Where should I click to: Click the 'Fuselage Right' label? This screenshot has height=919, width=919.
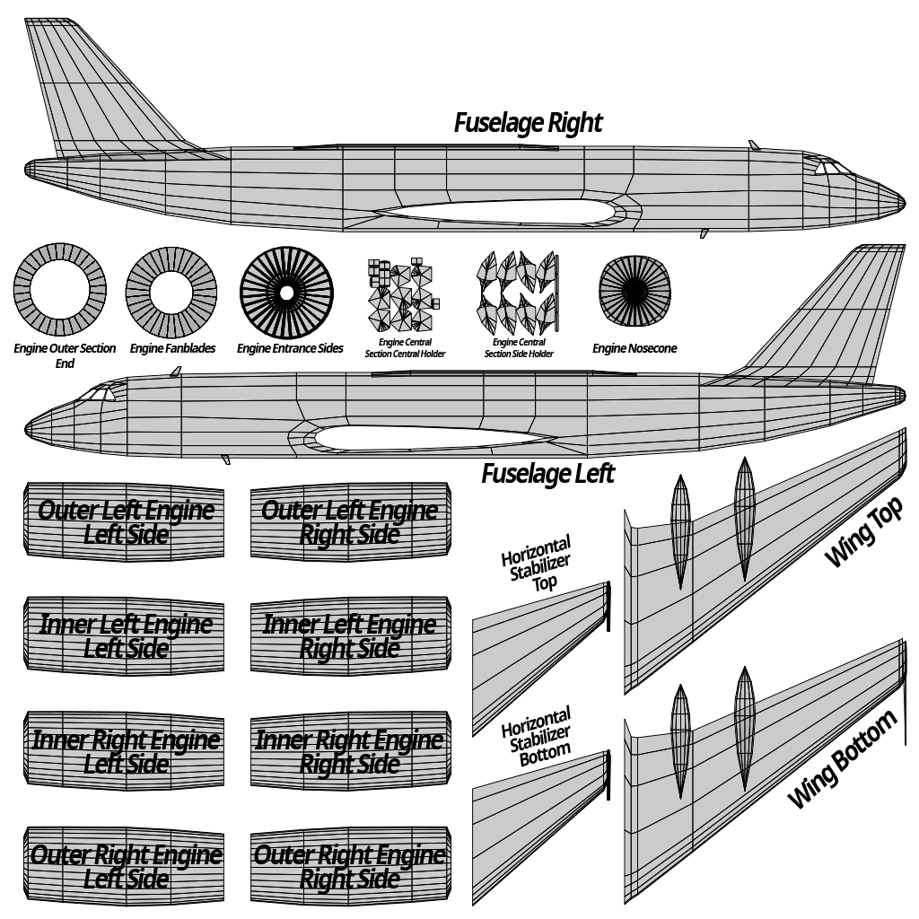click(528, 124)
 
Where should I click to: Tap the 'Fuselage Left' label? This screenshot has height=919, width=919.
click(548, 474)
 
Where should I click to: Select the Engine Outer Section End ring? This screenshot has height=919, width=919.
click(60, 291)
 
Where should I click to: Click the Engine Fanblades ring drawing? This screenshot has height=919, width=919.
click(171, 293)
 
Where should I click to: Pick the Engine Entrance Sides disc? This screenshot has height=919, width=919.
click(286, 293)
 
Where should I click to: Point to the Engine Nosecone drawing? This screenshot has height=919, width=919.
click(635, 292)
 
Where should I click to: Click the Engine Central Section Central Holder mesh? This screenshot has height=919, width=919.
click(403, 294)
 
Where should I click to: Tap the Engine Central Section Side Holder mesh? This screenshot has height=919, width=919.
click(518, 293)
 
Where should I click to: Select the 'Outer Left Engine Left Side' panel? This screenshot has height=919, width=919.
click(124, 522)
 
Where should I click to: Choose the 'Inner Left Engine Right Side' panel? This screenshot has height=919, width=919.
click(351, 636)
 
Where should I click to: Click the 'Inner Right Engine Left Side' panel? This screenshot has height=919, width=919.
click(124, 751)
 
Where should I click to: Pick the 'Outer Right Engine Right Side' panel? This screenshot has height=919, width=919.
click(351, 866)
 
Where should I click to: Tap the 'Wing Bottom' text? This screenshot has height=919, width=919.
click(842, 759)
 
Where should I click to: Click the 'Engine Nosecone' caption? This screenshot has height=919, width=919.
click(635, 349)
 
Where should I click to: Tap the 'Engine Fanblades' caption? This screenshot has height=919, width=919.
click(172, 349)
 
